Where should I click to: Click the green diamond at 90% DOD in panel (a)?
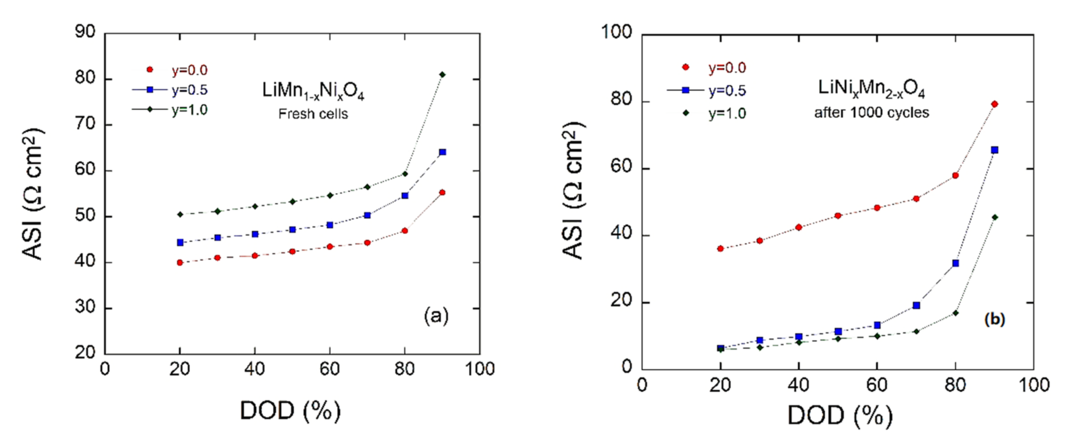point(442,74)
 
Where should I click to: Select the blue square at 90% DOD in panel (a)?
point(442,152)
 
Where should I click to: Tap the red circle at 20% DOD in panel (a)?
point(180,262)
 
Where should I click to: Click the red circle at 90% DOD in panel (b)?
point(995,104)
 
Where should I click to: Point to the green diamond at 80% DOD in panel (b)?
point(955,313)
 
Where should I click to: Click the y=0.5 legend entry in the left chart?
point(189,90)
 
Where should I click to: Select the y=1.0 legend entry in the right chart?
point(727,114)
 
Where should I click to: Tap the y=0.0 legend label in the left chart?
point(189,70)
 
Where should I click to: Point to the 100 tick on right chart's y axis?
point(617,32)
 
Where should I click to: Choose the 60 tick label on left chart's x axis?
point(330,369)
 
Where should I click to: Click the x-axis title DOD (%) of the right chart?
point(840,415)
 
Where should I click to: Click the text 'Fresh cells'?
point(313,114)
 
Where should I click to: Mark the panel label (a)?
point(436,316)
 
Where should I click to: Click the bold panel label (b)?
point(995,320)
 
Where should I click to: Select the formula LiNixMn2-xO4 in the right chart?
point(871,89)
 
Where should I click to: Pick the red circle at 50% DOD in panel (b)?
point(838,216)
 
